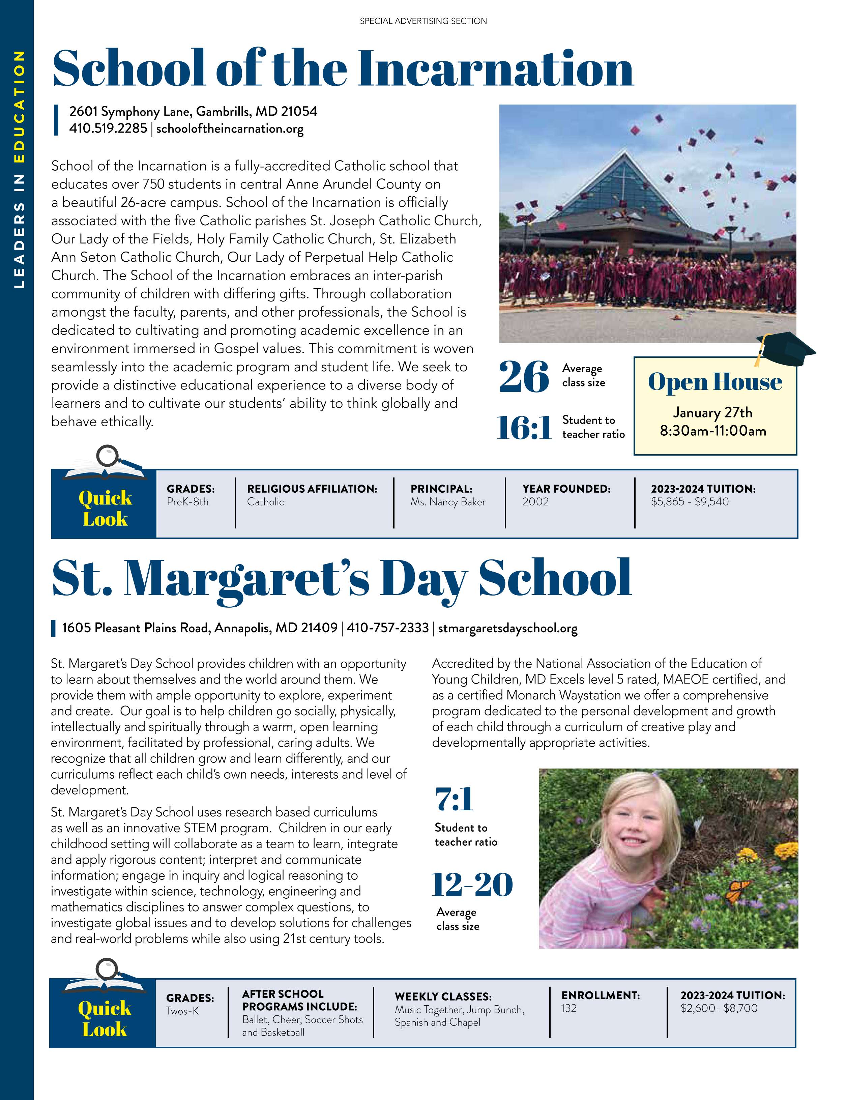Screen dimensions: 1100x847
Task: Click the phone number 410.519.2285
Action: (108, 128)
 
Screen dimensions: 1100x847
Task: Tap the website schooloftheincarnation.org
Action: (230, 128)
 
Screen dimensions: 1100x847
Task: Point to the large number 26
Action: (523, 377)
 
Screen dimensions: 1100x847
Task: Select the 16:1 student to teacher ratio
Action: (524, 428)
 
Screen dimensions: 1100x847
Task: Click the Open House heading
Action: (714, 381)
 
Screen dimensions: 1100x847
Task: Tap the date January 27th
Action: (712, 412)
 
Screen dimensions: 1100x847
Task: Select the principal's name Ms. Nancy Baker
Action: (448, 502)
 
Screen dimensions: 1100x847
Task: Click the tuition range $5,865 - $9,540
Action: (690, 502)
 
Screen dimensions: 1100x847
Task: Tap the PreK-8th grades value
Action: (187, 502)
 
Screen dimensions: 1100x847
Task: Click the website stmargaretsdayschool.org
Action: (507, 628)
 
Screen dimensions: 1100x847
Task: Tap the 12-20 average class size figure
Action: (472, 885)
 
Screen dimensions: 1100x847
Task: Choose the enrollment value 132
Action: (568, 1008)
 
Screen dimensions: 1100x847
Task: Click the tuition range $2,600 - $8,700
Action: (719, 1008)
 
